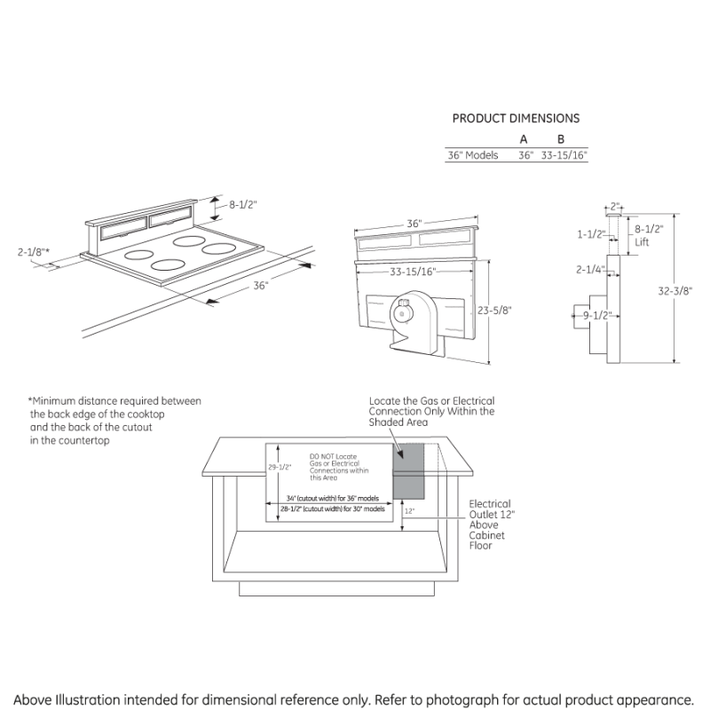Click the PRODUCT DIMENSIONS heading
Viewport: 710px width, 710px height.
(516, 118)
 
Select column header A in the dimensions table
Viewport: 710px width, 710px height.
(524, 139)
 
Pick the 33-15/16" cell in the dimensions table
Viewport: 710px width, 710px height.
(564, 155)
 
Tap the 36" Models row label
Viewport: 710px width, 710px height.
(472, 155)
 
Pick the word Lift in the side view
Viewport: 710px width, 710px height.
(642, 241)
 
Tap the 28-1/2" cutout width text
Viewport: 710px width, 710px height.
(333, 509)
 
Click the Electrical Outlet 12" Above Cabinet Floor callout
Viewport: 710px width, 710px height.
(490, 525)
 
